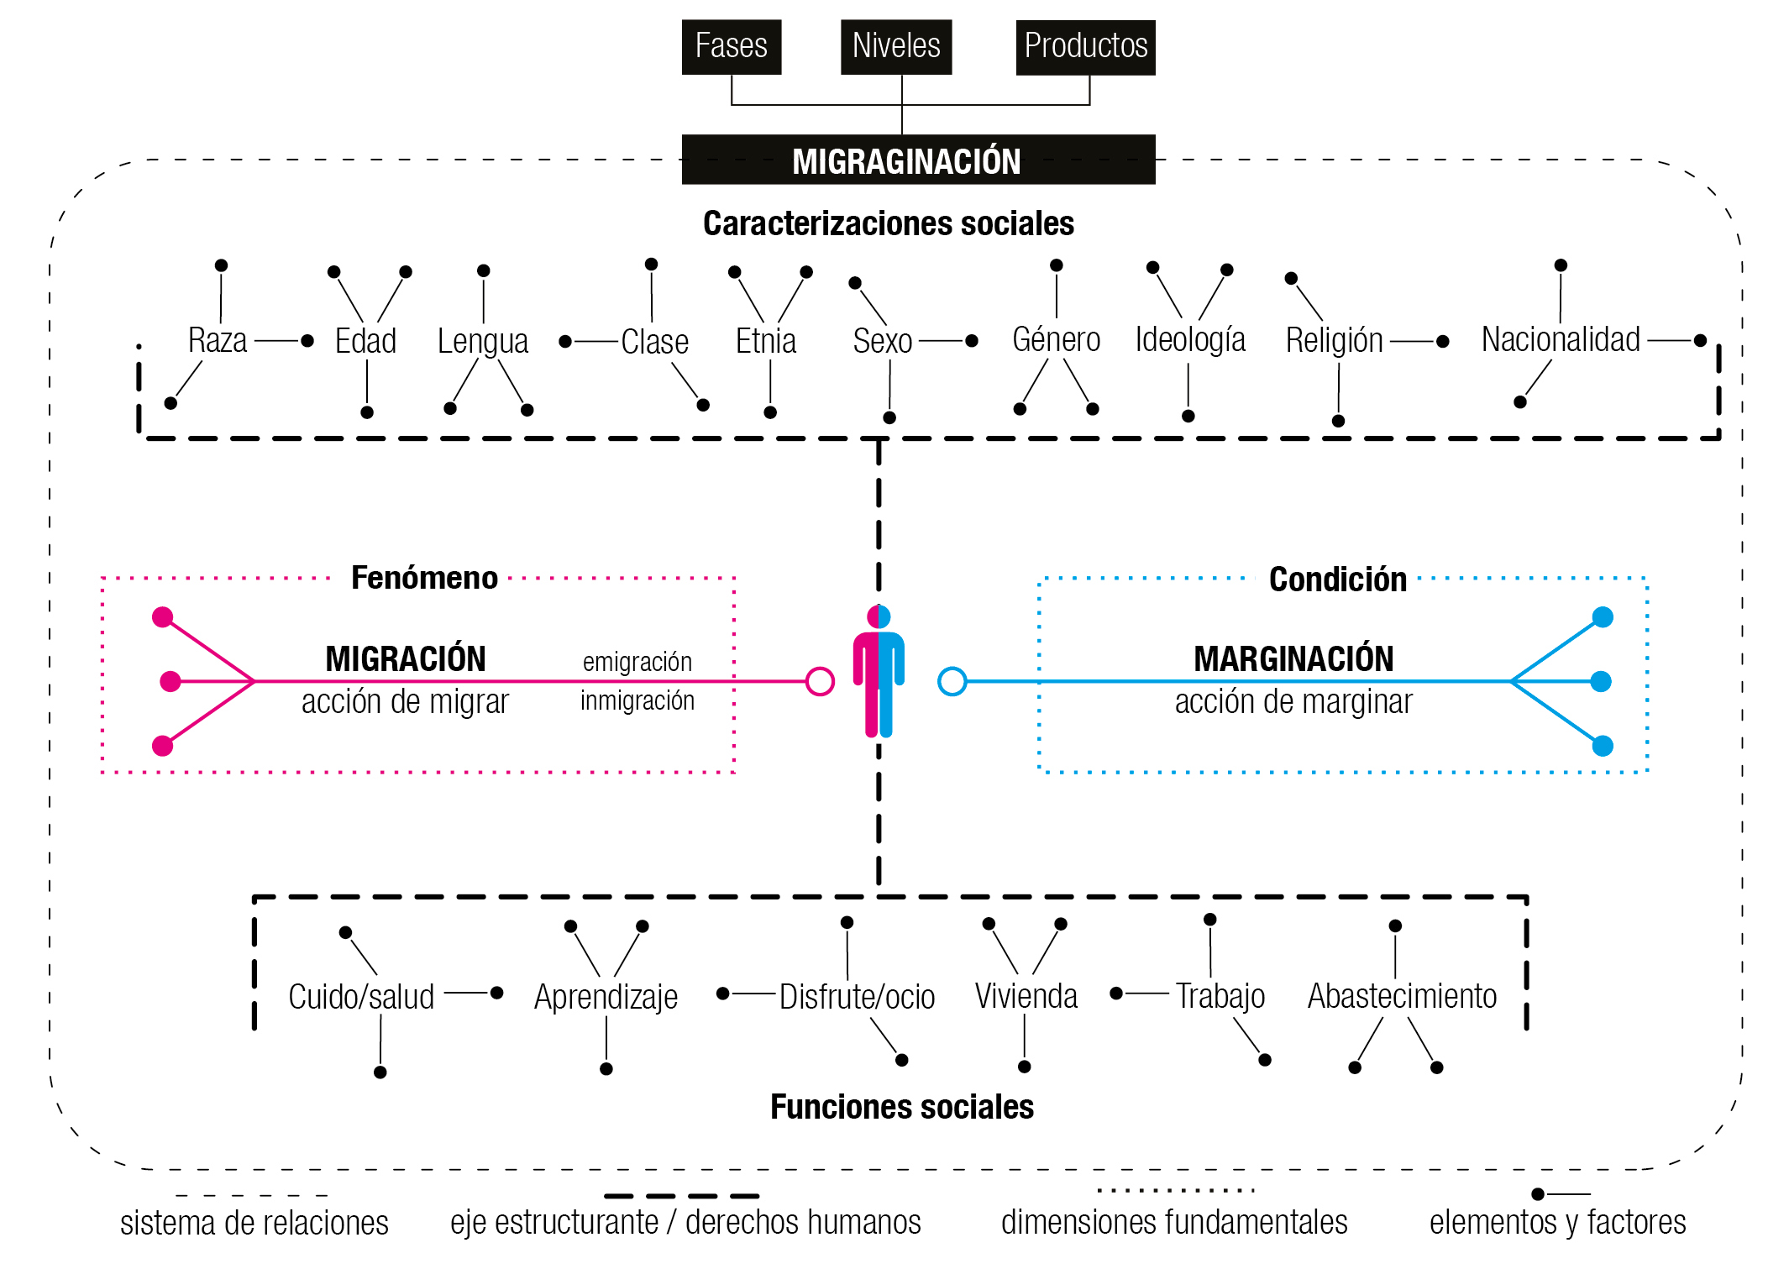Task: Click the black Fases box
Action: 731,47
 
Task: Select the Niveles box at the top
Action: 895,47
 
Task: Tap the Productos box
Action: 1085,47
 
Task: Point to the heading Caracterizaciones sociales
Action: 888,223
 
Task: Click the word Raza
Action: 218,341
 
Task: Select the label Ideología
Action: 1189,340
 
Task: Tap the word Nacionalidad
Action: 1560,340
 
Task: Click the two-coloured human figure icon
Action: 879,672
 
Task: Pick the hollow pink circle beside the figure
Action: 819,682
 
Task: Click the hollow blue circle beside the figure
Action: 952,682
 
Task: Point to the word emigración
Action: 637,662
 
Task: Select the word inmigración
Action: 637,700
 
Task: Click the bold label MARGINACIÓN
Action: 1293,659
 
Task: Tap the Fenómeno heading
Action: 424,579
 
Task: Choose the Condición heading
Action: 1337,579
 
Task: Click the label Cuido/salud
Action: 361,997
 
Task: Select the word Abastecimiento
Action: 1402,997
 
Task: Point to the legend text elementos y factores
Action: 1557,1223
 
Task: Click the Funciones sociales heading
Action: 901,1108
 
